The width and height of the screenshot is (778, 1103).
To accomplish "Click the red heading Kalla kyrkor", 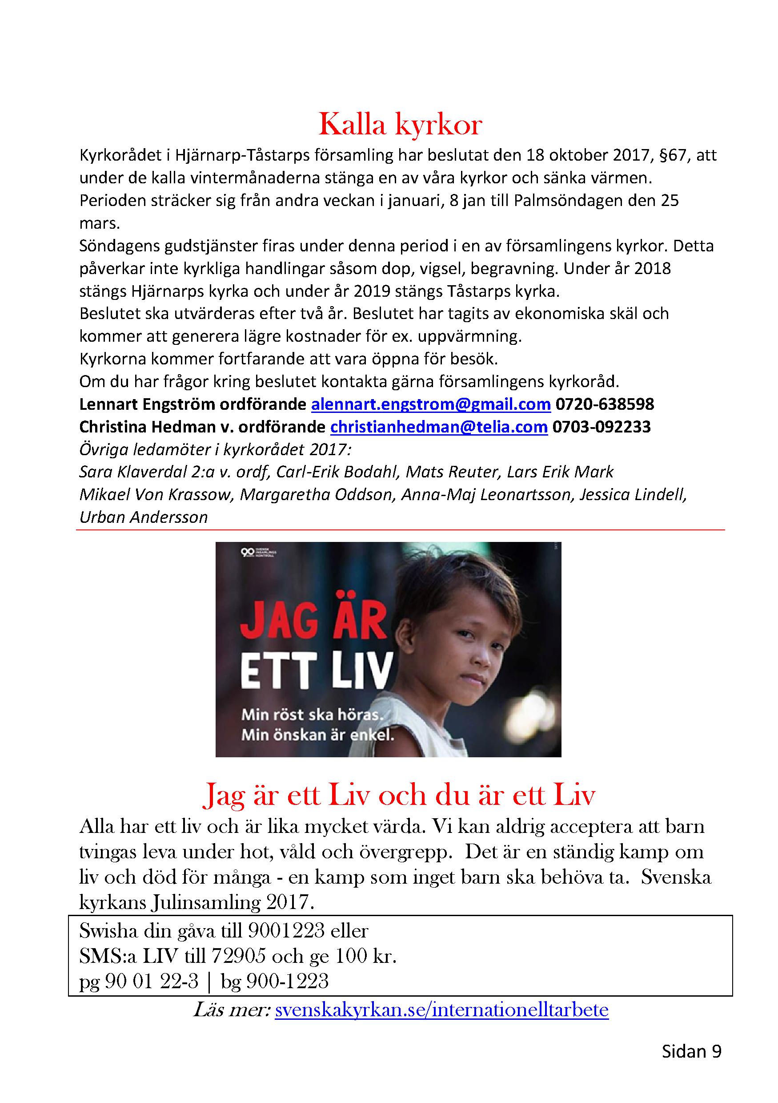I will click(400, 125).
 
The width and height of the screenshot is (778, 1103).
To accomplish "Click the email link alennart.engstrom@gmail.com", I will click(430, 404).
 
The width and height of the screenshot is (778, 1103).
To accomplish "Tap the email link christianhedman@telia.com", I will click(439, 427).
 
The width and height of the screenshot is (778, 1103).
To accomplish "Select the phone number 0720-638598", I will click(605, 404).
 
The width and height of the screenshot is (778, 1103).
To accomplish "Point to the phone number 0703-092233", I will click(602, 427).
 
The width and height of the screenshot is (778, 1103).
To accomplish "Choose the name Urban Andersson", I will click(144, 517).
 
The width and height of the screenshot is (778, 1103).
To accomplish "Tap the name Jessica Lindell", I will click(633, 494).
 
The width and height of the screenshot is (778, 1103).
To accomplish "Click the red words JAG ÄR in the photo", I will click(313, 622).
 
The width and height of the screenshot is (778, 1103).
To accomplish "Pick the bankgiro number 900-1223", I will click(287, 981).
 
